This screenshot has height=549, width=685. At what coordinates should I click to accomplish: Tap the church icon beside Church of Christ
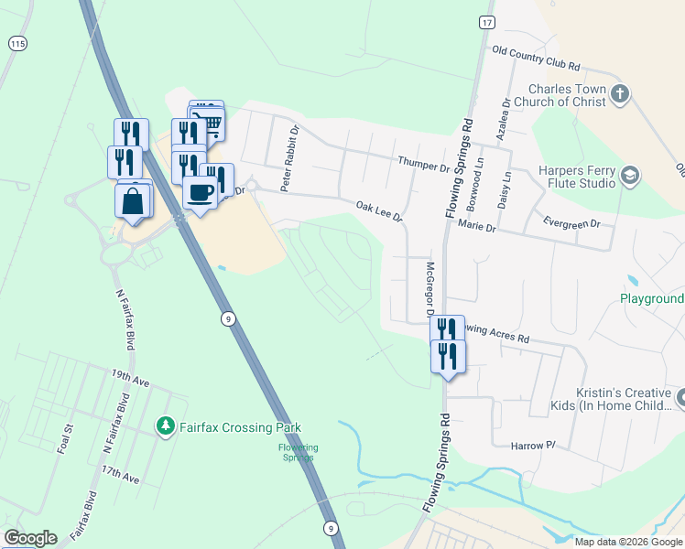[620, 93]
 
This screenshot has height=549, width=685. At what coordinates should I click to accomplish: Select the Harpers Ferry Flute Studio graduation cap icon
[629, 175]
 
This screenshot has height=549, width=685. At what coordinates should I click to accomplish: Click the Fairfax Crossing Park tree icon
[165, 426]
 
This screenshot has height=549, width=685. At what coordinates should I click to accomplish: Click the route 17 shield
[486, 22]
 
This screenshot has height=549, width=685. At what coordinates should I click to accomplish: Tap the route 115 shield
[17, 43]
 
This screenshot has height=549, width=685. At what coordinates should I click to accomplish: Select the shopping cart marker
[210, 124]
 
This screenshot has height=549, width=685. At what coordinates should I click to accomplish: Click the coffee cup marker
[200, 192]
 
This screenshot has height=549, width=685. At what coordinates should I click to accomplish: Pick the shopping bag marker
[133, 200]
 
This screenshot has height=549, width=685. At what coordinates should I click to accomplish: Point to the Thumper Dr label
[424, 165]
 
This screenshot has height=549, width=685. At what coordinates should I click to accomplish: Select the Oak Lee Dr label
[379, 211]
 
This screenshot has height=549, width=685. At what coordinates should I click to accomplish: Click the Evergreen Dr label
[571, 223]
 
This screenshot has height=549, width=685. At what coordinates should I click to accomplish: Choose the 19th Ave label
[125, 375]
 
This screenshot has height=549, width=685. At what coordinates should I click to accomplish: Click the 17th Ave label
[120, 475]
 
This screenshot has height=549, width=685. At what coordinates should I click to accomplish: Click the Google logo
[30, 538]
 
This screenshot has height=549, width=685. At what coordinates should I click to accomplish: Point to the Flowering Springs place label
[299, 452]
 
